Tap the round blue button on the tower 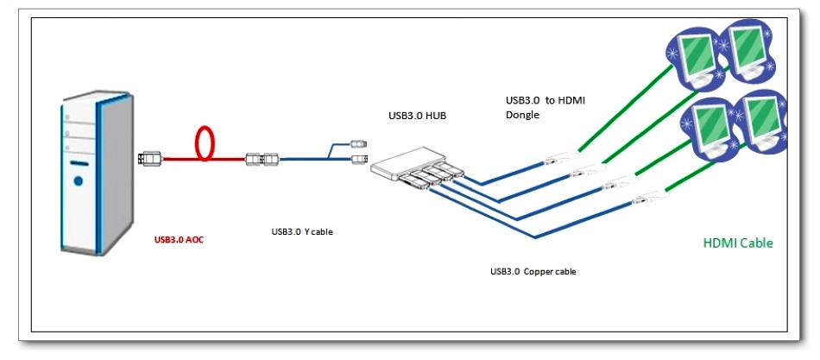pyautogui.click(x=79, y=181)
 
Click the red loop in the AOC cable pyautogui.click(x=205, y=143)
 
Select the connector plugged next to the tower pyautogui.click(x=149, y=158)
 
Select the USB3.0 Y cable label pyautogui.click(x=301, y=231)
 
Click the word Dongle pyautogui.click(x=522, y=114)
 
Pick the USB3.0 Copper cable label pyautogui.click(x=533, y=272)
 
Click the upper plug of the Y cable pyautogui.click(x=360, y=142)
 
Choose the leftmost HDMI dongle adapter pyautogui.click(x=557, y=158)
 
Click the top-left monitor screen pyautogui.click(x=694, y=54)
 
